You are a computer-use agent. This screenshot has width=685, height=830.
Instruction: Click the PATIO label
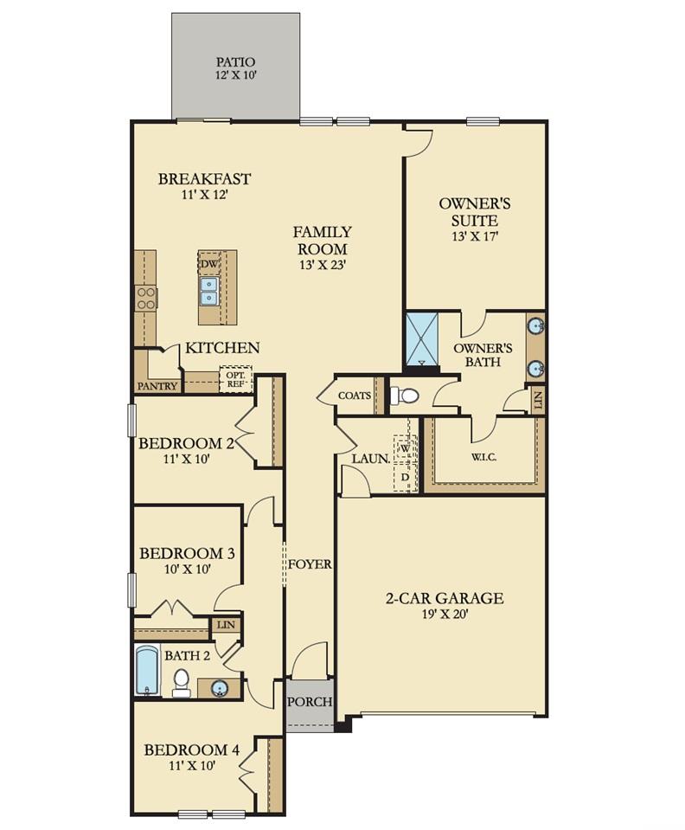pyautogui.click(x=235, y=62)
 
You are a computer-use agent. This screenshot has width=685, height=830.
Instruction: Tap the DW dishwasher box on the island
pyautogui.click(x=209, y=263)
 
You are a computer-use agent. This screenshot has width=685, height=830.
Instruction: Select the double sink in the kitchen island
pyautogui.click(x=209, y=291)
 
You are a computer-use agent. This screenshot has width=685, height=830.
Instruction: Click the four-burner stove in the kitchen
pyautogui.click(x=145, y=298)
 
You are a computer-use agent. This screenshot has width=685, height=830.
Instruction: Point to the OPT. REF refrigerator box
pyautogui.click(x=235, y=379)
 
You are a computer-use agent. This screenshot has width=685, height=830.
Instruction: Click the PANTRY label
pyautogui.click(x=157, y=386)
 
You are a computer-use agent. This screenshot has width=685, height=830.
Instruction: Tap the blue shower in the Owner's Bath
pyautogui.click(x=421, y=339)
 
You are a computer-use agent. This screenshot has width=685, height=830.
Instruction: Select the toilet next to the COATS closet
pyautogui.click(x=405, y=395)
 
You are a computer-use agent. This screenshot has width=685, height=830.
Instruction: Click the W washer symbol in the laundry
pyautogui.click(x=405, y=447)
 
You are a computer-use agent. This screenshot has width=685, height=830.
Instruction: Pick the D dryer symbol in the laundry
pyautogui.click(x=405, y=477)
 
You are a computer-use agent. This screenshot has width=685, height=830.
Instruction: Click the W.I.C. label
pyautogui.click(x=484, y=457)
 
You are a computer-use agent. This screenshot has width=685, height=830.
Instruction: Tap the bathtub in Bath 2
pyautogui.click(x=147, y=670)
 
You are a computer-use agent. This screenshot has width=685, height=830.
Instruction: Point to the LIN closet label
pyautogui.click(x=226, y=625)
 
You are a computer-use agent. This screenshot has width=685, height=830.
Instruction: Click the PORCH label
pyautogui.click(x=310, y=702)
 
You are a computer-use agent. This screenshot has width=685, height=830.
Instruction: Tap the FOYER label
pyautogui.click(x=310, y=564)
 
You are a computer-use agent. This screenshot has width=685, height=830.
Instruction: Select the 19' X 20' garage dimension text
pyautogui.click(x=444, y=614)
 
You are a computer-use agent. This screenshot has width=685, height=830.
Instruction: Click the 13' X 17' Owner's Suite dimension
pyautogui.click(x=475, y=236)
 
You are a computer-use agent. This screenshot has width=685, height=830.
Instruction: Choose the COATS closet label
pyautogui.click(x=355, y=396)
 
